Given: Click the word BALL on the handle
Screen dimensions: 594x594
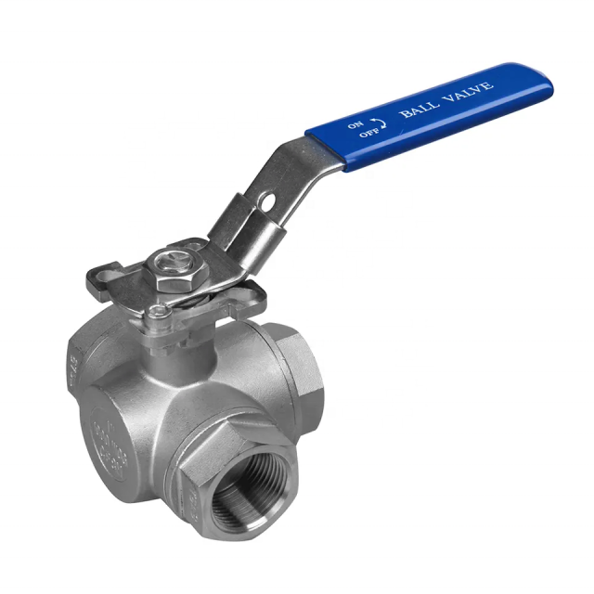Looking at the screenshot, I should [x=416, y=110].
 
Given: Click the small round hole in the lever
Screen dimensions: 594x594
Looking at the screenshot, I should [x=266, y=199].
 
